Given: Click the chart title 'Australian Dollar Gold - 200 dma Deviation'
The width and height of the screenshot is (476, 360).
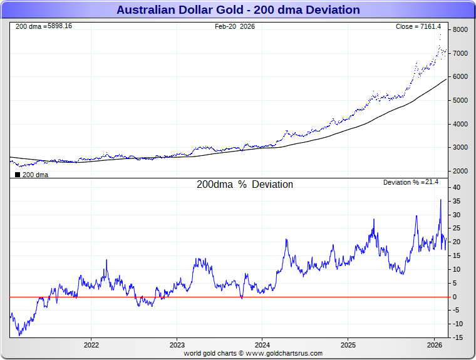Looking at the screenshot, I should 238,10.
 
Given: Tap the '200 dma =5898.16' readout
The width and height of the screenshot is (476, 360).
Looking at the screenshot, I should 44,26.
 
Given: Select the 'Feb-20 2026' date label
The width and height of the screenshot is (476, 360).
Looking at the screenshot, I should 235,26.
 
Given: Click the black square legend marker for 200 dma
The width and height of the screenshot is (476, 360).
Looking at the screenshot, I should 18,175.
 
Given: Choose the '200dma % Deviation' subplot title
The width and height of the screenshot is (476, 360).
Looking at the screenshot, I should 245,185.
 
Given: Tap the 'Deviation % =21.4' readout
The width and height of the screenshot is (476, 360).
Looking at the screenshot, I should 411,182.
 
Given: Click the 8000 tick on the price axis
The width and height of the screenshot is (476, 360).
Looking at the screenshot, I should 460,29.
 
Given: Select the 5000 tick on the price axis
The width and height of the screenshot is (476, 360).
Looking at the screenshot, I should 460,100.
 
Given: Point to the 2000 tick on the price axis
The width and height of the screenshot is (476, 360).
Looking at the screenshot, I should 460,171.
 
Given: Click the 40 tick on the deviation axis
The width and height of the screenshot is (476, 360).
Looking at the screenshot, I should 457,187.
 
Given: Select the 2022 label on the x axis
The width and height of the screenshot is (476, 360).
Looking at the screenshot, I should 91,345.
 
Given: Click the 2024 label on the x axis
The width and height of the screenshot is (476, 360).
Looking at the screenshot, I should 262,345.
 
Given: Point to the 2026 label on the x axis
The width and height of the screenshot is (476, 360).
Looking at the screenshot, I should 434,345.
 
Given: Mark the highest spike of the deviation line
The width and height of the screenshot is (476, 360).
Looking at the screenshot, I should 440,200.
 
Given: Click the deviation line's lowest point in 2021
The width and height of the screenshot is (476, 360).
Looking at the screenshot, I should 19,335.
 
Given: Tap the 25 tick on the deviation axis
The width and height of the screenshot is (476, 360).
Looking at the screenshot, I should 457,229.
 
